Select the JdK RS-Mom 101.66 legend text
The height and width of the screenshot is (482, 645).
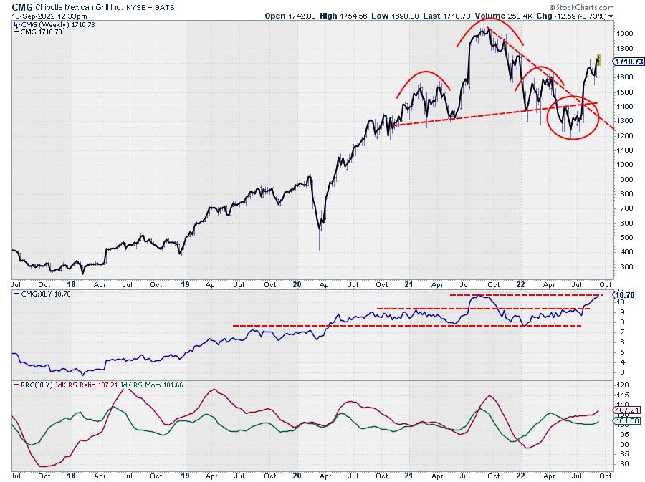[151, 385]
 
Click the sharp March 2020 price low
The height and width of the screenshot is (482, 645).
[319, 249]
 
